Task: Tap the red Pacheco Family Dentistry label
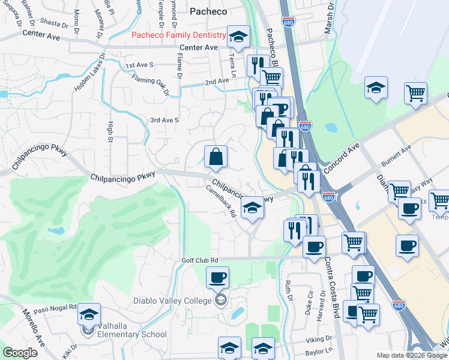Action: [x=179, y=35]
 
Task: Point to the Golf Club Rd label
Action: [x=199, y=260]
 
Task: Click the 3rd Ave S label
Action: [x=164, y=120]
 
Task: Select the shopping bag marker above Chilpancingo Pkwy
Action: [x=215, y=157]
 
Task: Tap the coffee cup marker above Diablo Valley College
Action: [x=217, y=277]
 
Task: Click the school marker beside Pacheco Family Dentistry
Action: [x=238, y=37]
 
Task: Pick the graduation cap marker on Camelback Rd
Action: [x=253, y=208]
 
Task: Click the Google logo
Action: [x=20, y=353]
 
